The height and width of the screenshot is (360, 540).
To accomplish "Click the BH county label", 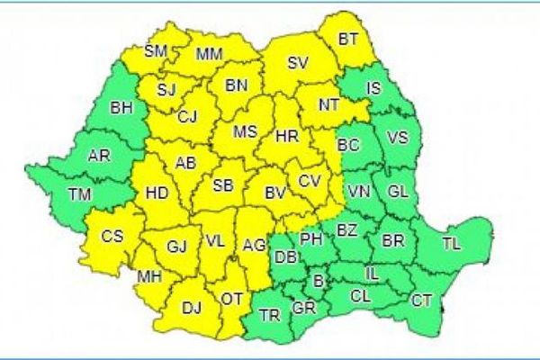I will (x=121, y=108).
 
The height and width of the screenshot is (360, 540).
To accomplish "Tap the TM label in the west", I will (x=80, y=193).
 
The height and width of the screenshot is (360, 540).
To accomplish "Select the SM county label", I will (x=156, y=51).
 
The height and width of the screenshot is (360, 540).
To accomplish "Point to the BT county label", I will (x=348, y=39).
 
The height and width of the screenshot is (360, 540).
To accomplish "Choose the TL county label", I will (x=452, y=243).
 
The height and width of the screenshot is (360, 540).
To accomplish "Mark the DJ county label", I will (x=192, y=308).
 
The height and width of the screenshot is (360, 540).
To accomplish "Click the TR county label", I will (x=269, y=315).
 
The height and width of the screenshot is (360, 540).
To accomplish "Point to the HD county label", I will (x=156, y=192).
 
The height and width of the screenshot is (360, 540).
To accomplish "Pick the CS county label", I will (x=112, y=237).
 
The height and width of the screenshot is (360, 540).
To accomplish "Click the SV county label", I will (x=298, y=63).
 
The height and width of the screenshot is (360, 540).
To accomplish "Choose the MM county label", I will (x=209, y=57).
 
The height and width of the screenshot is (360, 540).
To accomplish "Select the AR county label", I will (x=99, y=156).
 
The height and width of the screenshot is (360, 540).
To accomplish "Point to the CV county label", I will (x=310, y=180).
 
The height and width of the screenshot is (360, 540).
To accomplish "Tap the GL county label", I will (x=398, y=190).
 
